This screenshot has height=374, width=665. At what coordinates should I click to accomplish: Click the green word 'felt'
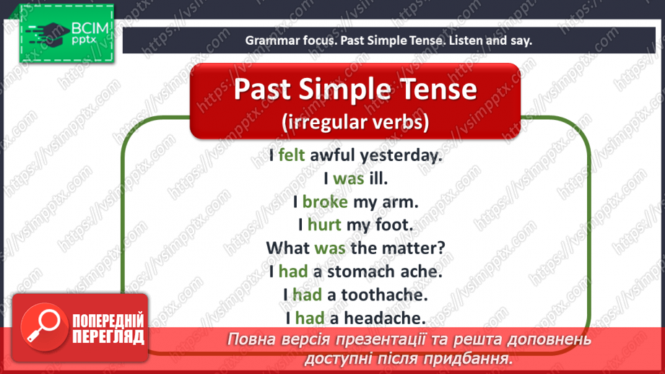(292, 155)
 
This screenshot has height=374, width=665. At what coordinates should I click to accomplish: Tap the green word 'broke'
(325, 201)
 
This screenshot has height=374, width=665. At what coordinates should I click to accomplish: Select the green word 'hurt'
(324, 225)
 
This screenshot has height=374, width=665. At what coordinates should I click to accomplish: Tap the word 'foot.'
(393, 225)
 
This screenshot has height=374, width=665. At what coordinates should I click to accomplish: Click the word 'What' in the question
(288, 248)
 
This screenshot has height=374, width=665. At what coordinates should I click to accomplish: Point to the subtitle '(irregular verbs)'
(355, 122)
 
